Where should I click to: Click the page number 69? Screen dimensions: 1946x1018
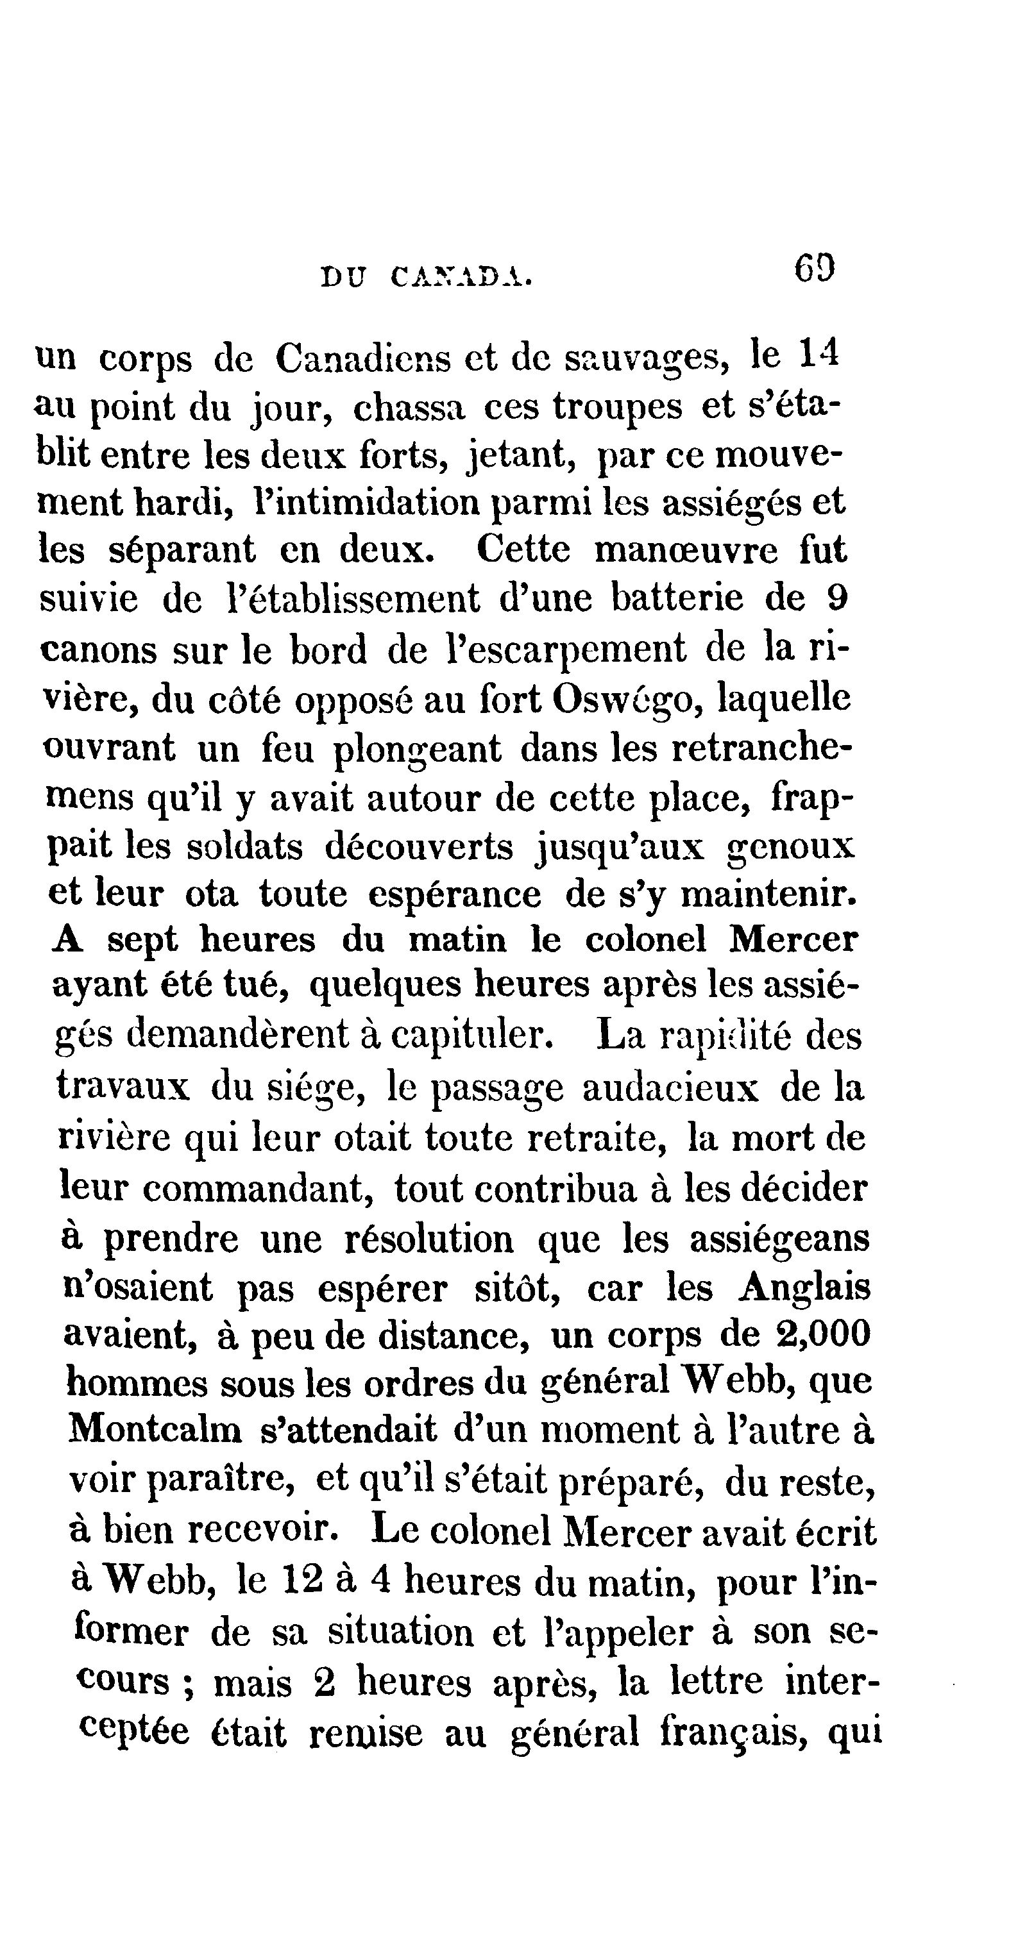(814, 267)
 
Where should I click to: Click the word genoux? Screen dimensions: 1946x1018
(790, 848)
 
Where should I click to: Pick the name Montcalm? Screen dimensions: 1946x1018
(156, 1429)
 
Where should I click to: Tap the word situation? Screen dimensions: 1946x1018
(400, 1632)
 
